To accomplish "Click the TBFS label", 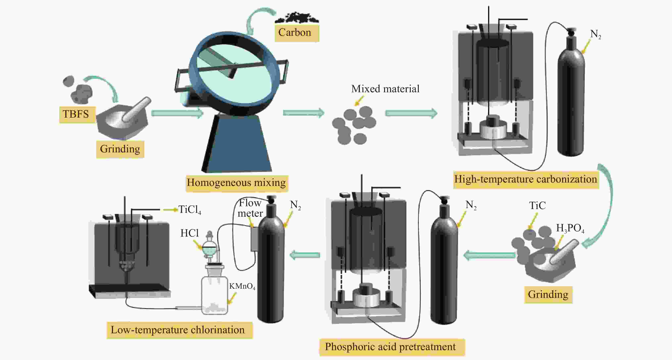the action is coord(76,114).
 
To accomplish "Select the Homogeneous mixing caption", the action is coord(236,183).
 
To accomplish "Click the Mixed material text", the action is coord(385,89).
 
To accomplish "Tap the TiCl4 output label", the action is coord(190,210).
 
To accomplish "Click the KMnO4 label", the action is coord(242,286).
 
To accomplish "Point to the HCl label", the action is coord(190,233).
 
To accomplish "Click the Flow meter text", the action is coord(250,208).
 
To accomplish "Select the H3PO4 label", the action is coord(570,228).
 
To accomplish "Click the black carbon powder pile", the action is coord(297,18).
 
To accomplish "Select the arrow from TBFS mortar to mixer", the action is coord(177,113).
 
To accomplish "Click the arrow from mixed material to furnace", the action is coord(411,113).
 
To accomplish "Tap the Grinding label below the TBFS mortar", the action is coord(120,149).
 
